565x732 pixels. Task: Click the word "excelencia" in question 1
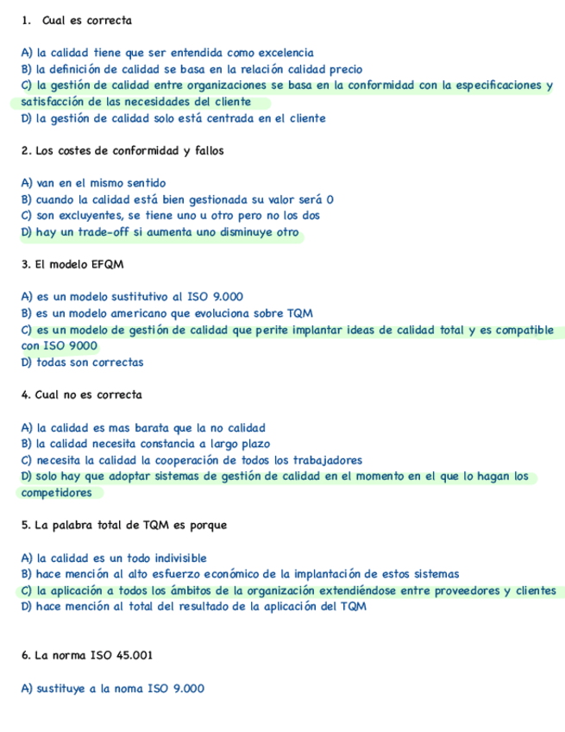286,53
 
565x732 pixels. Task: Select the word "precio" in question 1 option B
344,69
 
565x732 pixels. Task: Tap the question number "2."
27,151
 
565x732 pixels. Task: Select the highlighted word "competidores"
57,493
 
